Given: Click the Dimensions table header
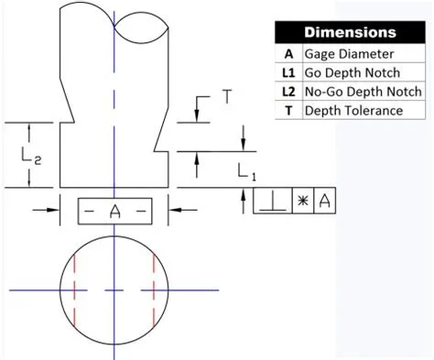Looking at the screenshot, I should click(350, 32).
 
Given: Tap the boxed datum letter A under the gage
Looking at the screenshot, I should click(114, 212).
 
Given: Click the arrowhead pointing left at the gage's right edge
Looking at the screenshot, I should click(174, 210).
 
